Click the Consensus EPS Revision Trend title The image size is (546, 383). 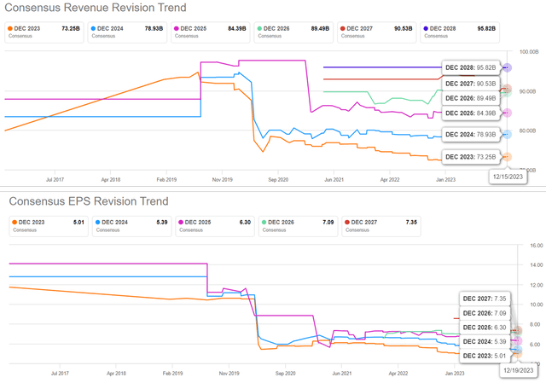pyautogui.click(x=89, y=201)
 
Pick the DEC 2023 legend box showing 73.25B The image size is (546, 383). pyautogui.click(x=41, y=32)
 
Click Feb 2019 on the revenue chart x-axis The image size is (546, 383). pyautogui.click(x=166, y=181)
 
